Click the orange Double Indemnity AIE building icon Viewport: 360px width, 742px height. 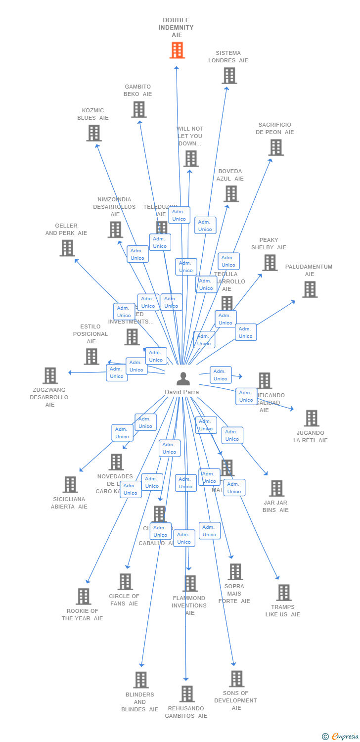(177, 50)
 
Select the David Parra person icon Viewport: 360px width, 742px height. (183, 379)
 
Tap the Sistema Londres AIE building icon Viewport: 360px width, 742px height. (229, 76)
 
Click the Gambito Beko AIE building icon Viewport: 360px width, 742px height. (139, 109)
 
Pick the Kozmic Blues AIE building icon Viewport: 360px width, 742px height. (94, 133)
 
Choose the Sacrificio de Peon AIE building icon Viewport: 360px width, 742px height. (276, 147)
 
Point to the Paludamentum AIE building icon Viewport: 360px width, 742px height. (310, 289)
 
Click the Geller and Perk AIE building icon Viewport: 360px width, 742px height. (67, 248)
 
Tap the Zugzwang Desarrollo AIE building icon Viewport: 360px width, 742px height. (50, 375)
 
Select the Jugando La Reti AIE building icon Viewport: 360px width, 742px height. (311, 418)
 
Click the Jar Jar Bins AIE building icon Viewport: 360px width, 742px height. (276, 488)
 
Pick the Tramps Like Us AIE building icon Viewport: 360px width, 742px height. (284, 592)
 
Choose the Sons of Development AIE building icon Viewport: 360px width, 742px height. (237, 679)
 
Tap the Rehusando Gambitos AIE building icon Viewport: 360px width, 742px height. (187, 694)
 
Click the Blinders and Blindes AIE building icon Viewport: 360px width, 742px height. (141, 680)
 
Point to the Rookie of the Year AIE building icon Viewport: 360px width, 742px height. (84, 596)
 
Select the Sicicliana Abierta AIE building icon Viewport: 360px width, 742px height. (70, 484)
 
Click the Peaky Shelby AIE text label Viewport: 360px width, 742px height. (269, 244)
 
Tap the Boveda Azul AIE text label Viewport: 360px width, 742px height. (230, 175)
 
